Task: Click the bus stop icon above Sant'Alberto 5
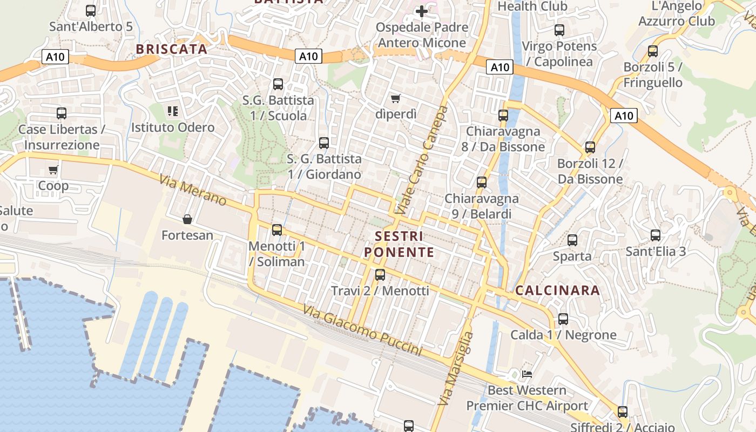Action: pyautogui.click(x=91, y=10)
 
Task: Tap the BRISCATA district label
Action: pyautogui.click(x=171, y=49)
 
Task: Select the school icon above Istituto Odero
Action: pyautogui.click(x=173, y=112)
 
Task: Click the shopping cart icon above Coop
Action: pyautogui.click(x=53, y=170)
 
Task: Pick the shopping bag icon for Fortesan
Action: pyautogui.click(x=187, y=219)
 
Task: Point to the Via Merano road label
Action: pyautogui.click(x=193, y=189)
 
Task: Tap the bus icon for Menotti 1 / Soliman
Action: pyautogui.click(x=277, y=230)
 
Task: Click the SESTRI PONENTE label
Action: pyautogui.click(x=399, y=244)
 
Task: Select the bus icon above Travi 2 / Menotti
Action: pyautogui.click(x=380, y=275)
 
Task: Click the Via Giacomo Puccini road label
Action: pyautogui.click(x=362, y=330)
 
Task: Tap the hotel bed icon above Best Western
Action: pyautogui.click(x=527, y=374)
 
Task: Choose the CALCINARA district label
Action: pyautogui.click(x=557, y=291)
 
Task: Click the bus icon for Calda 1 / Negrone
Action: pyautogui.click(x=563, y=319)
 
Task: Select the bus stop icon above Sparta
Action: pyautogui.click(x=572, y=240)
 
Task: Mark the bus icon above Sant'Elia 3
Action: pyautogui.click(x=656, y=235)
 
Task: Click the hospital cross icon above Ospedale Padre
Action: pyautogui.click(x=422, y=11)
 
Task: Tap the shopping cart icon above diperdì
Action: pyautogui.click(x=396, y=98)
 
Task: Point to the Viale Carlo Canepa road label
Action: pyautogui.click(x=422, y=160)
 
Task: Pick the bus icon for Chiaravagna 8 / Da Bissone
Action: pyautogui.click(x=503, y=115)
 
